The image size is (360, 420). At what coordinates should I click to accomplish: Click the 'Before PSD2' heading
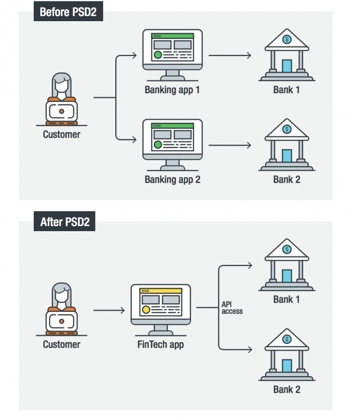(x=68, y=12)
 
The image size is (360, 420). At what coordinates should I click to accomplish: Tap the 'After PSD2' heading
(x=65, y=222)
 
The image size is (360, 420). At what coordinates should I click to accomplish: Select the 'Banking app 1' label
(x=172, y=90)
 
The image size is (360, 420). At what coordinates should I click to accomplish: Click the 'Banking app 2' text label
(x=173, y=179)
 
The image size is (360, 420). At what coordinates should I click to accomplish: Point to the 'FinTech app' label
(x=161, y=344)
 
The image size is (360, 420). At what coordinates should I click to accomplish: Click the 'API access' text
(x=232, y=308)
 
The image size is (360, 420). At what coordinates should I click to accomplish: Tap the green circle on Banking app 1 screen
(x=158, y=55)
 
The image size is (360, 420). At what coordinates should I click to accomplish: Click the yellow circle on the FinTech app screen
(x=146, y=310)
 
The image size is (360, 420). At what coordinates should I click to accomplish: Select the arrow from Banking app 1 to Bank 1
(x=230, y=55)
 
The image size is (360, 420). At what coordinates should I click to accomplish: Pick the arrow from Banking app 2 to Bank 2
(x=230, y=145)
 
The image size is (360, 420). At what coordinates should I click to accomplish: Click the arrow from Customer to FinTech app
(x=109, y=310)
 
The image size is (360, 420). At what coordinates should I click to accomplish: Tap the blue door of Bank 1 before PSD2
(x=287, y=66)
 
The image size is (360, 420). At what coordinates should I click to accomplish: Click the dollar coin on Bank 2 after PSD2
(x=287, y=339)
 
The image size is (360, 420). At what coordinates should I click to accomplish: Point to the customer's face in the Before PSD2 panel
(x=61, y=86)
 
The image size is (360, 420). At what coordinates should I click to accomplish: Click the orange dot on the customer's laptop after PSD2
(x=61, y=321)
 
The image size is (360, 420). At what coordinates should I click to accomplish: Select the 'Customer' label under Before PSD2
(x=61, y=134)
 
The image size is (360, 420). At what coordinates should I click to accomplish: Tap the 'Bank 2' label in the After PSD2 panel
(x=286, y=389)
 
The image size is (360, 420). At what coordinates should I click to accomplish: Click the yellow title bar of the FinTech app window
(x=161, y=291)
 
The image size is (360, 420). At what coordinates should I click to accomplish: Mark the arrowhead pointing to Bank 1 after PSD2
(x=250, y=265)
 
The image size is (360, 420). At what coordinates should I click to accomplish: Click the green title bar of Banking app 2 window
(x=173, y=125)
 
